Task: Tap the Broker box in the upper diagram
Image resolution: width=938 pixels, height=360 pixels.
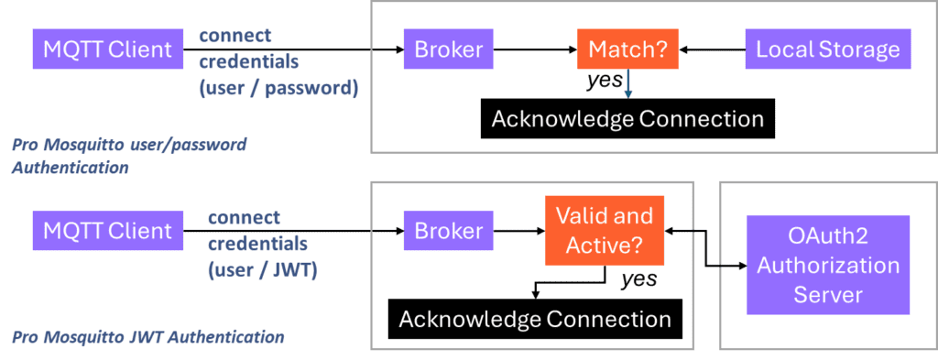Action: click(x=449, y=49)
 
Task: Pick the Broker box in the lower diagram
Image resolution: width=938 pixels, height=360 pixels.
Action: click(x=449, y=231)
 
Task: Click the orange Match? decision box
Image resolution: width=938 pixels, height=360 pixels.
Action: click(x=627, y=49)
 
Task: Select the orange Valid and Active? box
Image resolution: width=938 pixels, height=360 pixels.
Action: click(x=605, y=231)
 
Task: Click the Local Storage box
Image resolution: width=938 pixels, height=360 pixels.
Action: click(x=828, y=49)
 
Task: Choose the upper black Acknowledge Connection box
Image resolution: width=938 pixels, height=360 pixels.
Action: click(x=627, y=119)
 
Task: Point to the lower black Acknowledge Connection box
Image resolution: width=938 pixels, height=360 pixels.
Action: click(x=535, y=319)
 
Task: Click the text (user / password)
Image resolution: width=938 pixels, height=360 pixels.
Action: click(x=278, y=89)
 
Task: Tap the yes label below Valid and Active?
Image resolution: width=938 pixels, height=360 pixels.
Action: click(x=638, y=279)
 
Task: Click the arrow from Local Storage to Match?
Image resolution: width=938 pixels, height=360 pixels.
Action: click(x=712, y=49)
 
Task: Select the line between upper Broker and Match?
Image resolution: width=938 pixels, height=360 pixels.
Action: click(x=535, y=49)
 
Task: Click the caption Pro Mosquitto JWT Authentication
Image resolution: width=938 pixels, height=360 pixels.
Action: click(x=147, y=337)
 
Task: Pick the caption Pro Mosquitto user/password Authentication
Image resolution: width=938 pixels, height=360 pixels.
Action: click(x=128, y=156)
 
